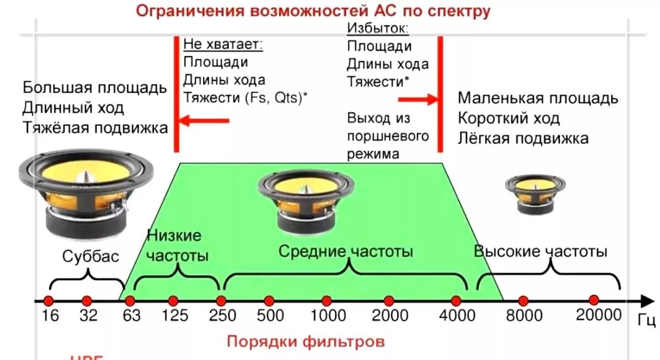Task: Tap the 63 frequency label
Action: tap(131, 316)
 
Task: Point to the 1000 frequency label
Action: tap(328, 316)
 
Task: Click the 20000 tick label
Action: tap(598, 314)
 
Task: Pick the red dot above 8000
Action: tap(523, 301)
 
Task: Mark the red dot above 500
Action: tap(269, 301)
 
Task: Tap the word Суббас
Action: tap(90, 257)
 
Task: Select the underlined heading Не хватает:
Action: tap(223, 45)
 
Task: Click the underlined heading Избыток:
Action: tap(377, 28)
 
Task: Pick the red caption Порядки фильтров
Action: tap(306, 341)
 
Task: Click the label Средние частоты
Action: tap(345, 252)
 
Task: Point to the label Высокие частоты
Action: tap(541, 252)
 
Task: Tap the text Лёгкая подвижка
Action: tap(523, 138)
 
